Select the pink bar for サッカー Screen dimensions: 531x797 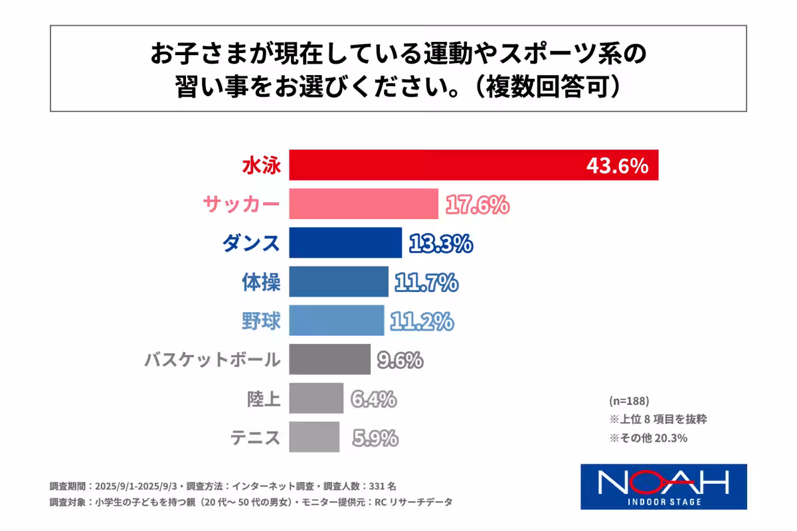[x=363, y=204]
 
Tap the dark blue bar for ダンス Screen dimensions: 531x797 [x=345, y=242]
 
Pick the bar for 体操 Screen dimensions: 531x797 [x=339, y=281]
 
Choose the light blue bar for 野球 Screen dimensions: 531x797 [x=337, y=321]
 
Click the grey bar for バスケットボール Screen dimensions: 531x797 [x=330, y=359]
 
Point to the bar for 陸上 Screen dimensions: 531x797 [x=316, y=398]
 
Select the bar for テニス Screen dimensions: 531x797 [x=314, y=437]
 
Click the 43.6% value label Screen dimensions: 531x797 [x=617, y=166]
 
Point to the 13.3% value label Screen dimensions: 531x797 [x=440, y=244]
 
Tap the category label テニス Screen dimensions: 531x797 [x=256, y=437]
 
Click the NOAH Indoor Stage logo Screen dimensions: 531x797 [x=664, y=486]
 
